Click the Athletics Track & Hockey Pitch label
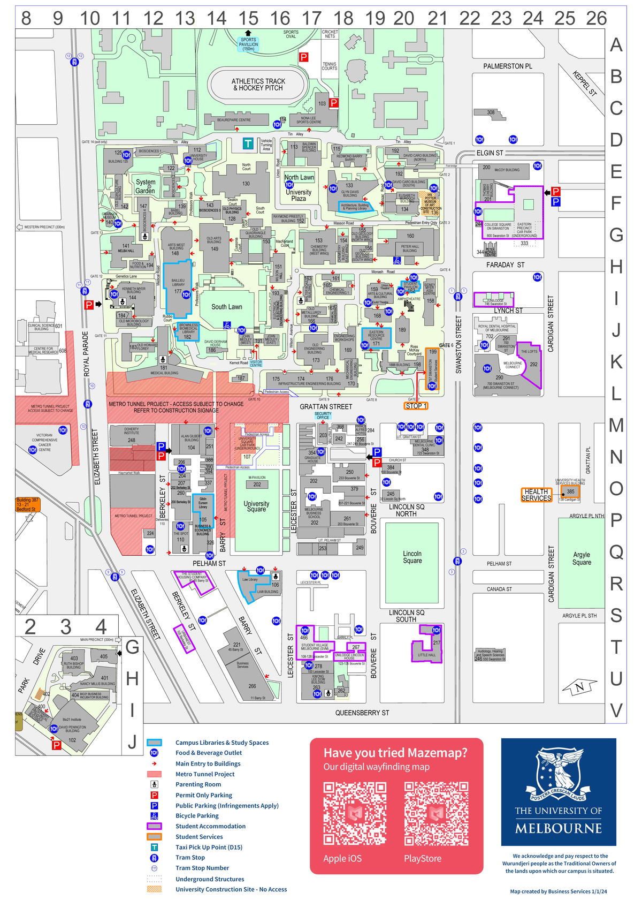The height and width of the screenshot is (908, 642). pyautogui.click(x=258, y=85)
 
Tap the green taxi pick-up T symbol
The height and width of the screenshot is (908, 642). pyautogui.click(x=248, y=143)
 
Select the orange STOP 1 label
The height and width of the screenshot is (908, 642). pyautogui.click(x=416, y=406)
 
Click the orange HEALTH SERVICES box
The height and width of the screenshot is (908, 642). pyautogui.click(x=536, y=495)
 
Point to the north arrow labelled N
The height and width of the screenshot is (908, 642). pyautogui.click(x=579, y=687)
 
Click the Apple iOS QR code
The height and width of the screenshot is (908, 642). pyautogui.click(x=355, y=814)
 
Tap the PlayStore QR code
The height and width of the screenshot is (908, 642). pyautogui.click(x=436, y=814)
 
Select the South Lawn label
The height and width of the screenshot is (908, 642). pyautogui.click(x=227, y=307)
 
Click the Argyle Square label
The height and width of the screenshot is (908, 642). pyautogui.click(x=582, y=558)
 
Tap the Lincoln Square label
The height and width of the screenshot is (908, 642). pyautogui.click(x=412, y=557)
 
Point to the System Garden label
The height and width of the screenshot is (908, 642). pyautogui.click(x=145, y=186)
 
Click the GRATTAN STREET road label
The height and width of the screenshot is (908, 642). pyautogui.click(x=326, y=407)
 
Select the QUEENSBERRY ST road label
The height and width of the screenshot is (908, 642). pyautogui.click(x=362, y=713)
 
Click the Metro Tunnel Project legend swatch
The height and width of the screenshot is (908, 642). pyautogui.click(x=154, y=774)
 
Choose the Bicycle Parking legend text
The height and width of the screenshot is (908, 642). pyautogui.click(x=197, y=816)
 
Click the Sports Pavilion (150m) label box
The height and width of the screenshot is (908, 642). pyautogui.click(x=248, y=44)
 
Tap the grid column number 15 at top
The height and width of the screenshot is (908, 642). pyautogui.click(x=248, y=18)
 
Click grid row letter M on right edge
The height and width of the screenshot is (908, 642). pyautogui.click(x=616, y=426)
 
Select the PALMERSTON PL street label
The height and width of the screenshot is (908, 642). pyautogui.click(x=508, y=66)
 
